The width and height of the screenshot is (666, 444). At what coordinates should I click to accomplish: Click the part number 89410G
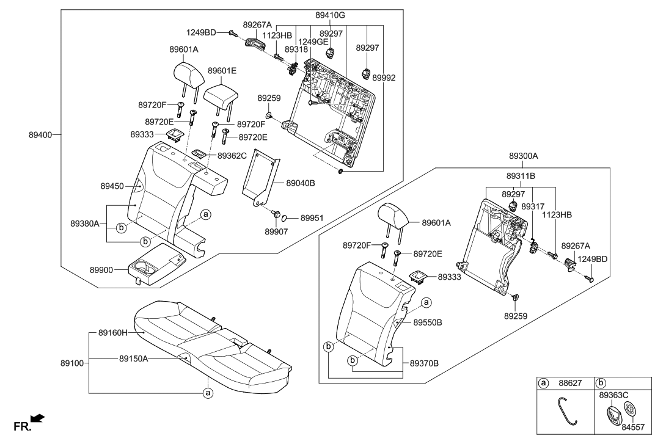pos(330,14)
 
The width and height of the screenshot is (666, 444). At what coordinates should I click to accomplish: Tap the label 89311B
pos(521,175)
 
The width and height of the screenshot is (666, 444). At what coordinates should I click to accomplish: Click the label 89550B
pos(428,321)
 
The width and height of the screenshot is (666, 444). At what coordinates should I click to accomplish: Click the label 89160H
pos(112,333)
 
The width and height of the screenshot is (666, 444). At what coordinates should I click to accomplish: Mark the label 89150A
pos(133,359)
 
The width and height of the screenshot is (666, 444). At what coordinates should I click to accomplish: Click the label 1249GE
pos(313,42)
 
